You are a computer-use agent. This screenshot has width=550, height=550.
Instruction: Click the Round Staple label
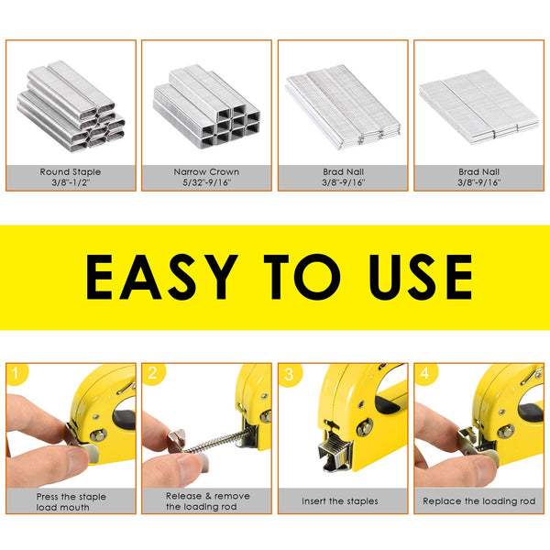pyautogui.click(x=71, y=171)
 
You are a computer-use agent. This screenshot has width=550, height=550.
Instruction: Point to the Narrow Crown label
pyautogui.click(x=206, y=171)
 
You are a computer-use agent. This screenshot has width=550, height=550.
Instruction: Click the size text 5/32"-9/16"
pyautogui.click(x=206, y=181)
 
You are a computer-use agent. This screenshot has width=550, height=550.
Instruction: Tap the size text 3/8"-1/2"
pyautogui.click(x=71, y=181)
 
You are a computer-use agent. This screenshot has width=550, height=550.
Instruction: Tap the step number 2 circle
pyautogui.click(x=152, y=374)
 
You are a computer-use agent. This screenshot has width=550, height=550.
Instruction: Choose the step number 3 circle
pyautogui.click(x=289, y=374)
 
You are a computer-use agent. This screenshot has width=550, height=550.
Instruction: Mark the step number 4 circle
pyautogui.click(x=425, y=374)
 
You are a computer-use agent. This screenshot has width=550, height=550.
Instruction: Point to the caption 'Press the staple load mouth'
pyautogui.click(x=70, y=501)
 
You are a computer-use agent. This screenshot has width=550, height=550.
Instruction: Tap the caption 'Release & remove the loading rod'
pyautogui.click(x=206, y=501)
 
